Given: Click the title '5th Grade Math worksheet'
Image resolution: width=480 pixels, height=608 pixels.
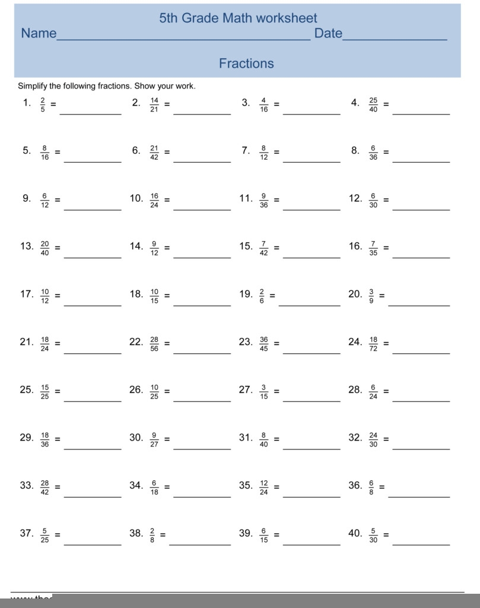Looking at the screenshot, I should (238, 18).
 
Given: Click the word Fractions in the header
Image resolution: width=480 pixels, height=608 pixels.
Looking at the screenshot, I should (246, 64).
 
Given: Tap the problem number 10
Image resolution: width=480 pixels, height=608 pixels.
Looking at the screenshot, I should (136, 198).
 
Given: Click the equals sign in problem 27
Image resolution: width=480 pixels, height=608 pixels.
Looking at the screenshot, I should (276, 392).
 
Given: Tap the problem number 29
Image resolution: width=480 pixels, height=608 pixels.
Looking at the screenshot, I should (26, 438).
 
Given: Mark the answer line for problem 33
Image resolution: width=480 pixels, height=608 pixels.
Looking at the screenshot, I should (93, 496).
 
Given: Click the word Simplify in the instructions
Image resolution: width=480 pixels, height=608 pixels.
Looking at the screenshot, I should (32, 86).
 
